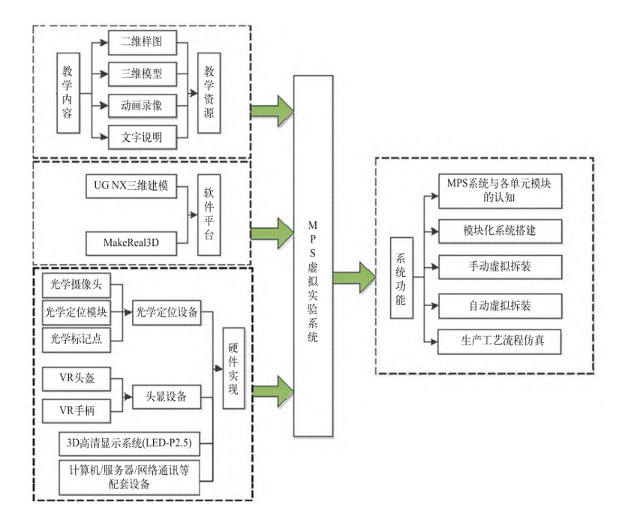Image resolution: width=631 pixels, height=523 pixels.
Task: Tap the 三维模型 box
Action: click(x=141, y=74)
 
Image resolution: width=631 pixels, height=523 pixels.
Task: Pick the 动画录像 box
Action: click(x=141, y=105)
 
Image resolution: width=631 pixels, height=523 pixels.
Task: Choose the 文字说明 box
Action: click(x=141, y=137)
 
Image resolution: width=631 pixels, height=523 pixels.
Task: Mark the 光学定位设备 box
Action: click(x=167, y=313)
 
